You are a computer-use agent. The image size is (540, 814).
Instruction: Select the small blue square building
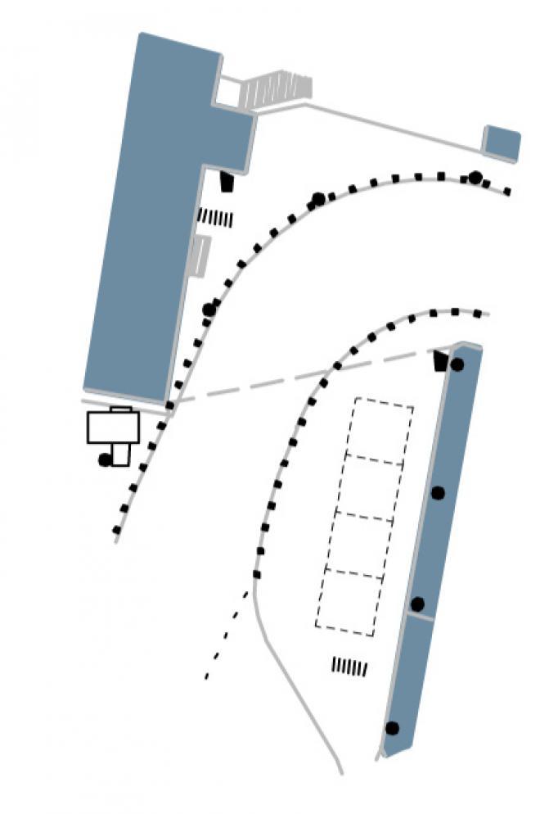click(502, 143)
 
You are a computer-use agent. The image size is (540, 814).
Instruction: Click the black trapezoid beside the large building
click(226, 181)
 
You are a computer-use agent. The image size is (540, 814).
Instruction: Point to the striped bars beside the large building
click(215, 219)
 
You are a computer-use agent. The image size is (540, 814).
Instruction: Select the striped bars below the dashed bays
click(349, 667)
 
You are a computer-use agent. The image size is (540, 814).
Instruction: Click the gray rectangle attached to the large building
click(200, 256)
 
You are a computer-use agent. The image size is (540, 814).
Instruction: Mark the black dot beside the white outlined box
click(105, 460)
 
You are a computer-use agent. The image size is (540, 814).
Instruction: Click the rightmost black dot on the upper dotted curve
click(475, 178)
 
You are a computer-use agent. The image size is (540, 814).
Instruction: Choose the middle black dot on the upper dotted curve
click(318, 199)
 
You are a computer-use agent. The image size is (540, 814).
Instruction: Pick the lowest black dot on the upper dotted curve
click(209, 310)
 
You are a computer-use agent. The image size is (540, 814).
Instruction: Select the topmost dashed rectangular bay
click(380, 430)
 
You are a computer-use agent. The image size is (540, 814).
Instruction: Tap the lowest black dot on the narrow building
click(392, 728)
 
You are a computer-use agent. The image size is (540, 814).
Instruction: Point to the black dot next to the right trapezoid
click(457, 364)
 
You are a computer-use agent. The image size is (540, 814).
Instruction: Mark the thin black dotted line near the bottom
click(226, 635)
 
